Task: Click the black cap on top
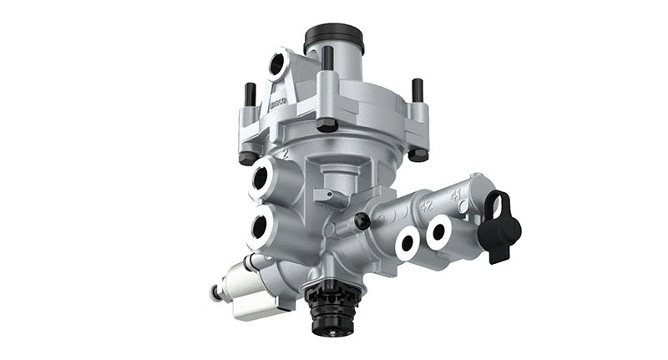coord(334,37)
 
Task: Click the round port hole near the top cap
coord(276,65)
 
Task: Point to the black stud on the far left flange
coord(248,95)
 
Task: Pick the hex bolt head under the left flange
coord(247,156)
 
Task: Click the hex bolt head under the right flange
coord(417,155)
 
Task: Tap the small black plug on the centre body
coord(362,221)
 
